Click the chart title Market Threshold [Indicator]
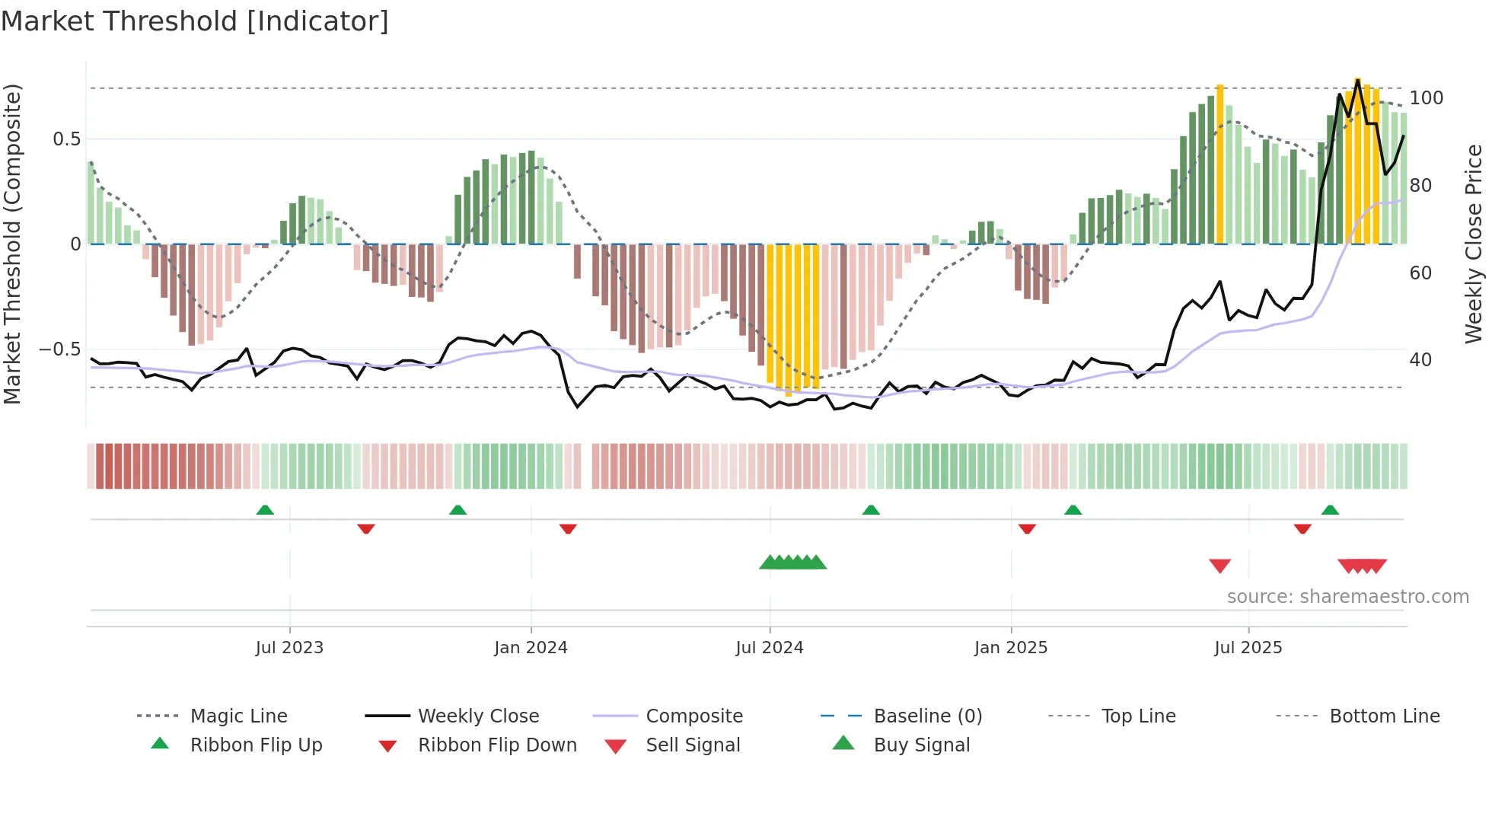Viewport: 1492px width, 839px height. coord(195,21)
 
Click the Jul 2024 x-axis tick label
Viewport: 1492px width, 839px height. coord(770,648)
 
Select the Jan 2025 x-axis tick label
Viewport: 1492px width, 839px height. coord(1011,648)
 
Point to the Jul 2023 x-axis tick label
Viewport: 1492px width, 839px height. coord(289,648)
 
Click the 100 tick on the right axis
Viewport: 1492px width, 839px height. coord(1426,98)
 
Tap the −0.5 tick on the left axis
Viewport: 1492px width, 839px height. coord(59,349)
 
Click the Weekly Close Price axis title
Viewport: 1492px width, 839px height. coord(1474,244)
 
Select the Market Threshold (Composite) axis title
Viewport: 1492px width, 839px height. coord(12,244)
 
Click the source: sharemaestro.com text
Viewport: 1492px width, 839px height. coord(1347,597)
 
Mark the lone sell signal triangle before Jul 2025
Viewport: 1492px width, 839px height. coord(1220,566)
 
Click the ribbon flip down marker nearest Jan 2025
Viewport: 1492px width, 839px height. coord(1027,528)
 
